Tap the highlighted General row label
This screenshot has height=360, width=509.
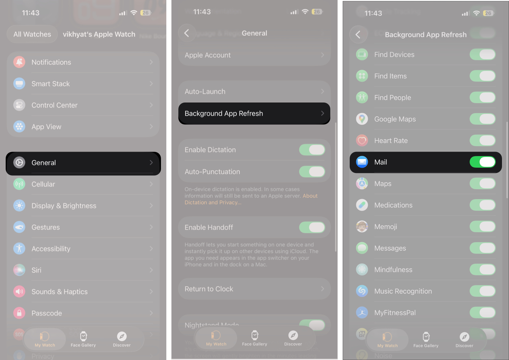click(x=44, y=163)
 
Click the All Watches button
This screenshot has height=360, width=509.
click(x=32, y=34)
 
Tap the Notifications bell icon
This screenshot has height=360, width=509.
click(x=19, y=62)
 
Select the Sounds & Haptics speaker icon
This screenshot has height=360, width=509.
click(x=19, y=292)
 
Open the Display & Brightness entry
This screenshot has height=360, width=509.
click(x=64, y=206)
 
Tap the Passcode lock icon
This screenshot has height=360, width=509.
click(x=19, y=313)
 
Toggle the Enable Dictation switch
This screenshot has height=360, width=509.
click(x=312, y=150)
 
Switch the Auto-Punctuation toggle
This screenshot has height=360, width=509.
click(x=312, y=172)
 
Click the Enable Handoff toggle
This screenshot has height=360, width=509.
click(x=312, y=227)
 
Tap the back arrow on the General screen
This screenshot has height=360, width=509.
click(x=187, y=33)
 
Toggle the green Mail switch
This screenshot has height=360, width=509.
click(x=482, y=162)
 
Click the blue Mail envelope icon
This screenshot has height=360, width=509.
click(x=362, y=162)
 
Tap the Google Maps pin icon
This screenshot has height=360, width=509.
click(x=362, y=119)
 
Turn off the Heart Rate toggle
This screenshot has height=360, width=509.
click(x=482, y=141)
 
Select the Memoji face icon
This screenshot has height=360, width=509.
click(x=362, y=226)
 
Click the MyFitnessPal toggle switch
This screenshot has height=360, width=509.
click(x=482, y=313)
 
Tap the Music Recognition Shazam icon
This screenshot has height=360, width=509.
click(x=362, y=291)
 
